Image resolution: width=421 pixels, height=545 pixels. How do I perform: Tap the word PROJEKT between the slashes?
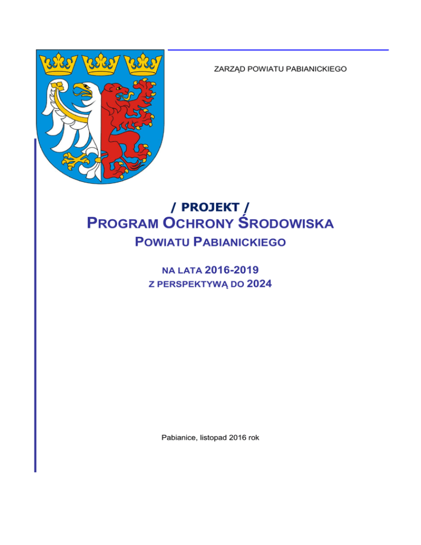(209, 207)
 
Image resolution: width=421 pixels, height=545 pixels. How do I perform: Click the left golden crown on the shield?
(54, 63)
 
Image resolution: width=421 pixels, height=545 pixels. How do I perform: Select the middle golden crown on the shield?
(100, 63)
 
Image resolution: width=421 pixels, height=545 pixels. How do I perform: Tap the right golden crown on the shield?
(145, 63)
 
